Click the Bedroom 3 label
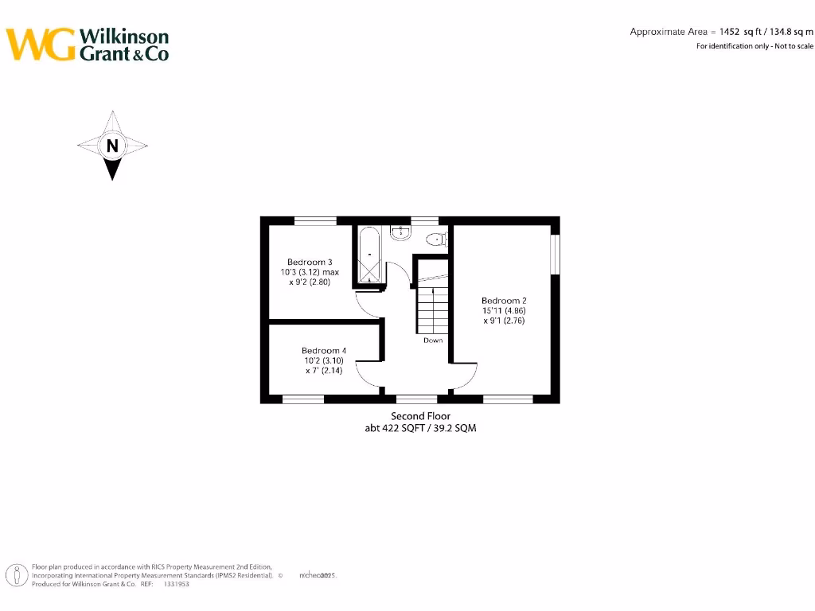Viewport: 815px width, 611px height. (310, 263)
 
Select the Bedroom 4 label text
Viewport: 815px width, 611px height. (323, 351)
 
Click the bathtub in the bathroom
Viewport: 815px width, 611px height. (369, 255)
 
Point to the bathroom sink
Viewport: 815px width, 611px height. (400, 232)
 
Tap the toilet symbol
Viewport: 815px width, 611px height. (436, 239)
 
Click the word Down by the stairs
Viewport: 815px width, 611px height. (433, 341)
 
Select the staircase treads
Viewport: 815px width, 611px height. (431, 310)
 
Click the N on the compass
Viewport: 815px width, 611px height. (112, 146)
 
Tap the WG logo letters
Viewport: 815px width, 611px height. (41, 45)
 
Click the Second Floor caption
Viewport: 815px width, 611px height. (420, 416)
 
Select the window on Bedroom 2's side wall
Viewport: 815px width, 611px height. (555, 255)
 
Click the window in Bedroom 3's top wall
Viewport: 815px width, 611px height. (315, 221)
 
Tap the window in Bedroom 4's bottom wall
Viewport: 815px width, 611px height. (303, 399)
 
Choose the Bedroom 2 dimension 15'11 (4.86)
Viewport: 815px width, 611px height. (503, 311)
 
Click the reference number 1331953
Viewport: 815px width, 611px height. (177, 584)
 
